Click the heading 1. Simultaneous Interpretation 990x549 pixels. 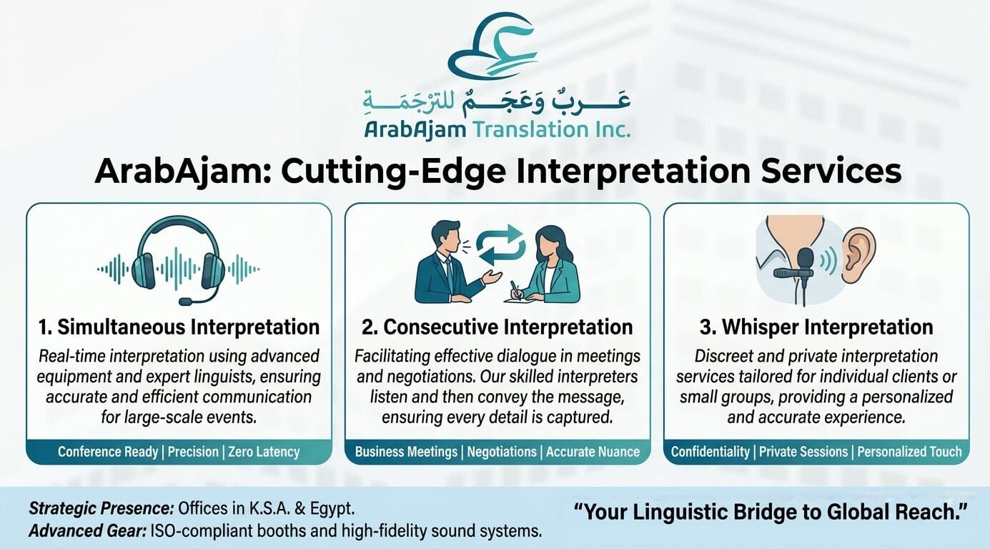click(179, 327)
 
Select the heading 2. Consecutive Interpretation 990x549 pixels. click(498, 327)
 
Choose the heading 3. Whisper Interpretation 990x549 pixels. click(816, 327)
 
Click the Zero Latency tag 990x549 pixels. click(264, 452)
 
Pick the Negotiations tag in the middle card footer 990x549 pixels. click(502, 452)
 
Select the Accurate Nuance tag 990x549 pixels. click(593, 452)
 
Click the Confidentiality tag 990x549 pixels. click(711, 452)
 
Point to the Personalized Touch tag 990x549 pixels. click(909, 452)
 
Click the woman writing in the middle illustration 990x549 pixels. click(550, 268)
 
